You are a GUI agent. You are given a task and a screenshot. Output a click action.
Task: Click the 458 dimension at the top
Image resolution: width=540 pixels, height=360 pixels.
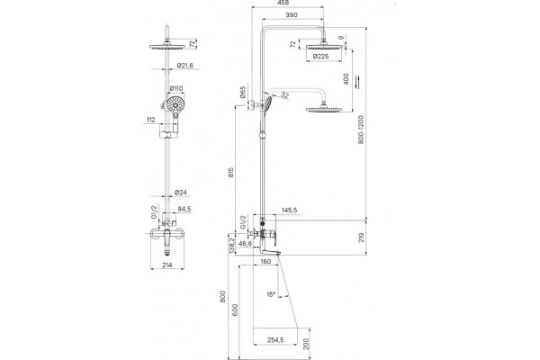[x=283, y=3]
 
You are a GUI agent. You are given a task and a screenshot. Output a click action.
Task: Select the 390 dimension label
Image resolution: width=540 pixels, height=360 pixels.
[x=292, y=15]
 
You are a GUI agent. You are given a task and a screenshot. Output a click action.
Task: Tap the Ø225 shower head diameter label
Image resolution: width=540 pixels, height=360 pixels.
[x=320, y=56]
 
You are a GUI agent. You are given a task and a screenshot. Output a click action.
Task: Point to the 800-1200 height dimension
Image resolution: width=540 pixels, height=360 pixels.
[x=361, y=130]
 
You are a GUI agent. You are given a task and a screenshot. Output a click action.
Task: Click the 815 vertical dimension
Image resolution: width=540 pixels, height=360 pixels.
[x=231, y=172]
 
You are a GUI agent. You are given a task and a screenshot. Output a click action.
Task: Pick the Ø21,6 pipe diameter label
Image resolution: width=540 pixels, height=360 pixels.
[x=185, y=66]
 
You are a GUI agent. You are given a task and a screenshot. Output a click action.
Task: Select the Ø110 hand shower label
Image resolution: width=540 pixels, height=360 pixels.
[x=176, y=88]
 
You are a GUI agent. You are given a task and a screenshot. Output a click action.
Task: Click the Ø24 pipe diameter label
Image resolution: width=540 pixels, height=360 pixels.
[x=181, y=193]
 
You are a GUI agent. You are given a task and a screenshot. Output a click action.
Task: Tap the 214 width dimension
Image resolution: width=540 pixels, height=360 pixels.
[x=166, y=265]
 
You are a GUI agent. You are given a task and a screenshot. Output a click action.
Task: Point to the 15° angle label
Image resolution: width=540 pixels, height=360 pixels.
[x=271, y=294]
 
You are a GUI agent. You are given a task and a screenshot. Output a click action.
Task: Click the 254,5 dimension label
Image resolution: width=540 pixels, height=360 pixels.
[x=275, y=339]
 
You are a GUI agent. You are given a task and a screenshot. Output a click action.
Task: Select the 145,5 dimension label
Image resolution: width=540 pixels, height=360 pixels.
[x=290, y=210]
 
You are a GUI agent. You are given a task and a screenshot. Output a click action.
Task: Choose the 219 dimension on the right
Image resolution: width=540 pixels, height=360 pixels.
[x=361, y=238]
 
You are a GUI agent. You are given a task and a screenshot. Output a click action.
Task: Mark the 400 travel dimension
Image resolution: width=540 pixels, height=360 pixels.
[x=346, y=79]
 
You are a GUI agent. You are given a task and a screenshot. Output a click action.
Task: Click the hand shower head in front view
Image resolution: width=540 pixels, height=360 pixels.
[x=176, y=103]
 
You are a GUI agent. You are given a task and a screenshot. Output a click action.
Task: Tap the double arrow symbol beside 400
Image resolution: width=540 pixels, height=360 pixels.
[x=358, y=82]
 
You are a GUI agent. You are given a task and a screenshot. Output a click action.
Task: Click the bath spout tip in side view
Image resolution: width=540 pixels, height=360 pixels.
[x=279, y=254]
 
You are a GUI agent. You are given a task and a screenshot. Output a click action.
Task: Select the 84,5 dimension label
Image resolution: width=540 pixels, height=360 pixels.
[x=184, y=209]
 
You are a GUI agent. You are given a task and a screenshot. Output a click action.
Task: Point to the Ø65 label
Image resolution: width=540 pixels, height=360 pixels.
[x=243, y=92]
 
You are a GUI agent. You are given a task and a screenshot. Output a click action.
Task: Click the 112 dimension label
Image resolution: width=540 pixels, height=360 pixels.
[x=150, y=120]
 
